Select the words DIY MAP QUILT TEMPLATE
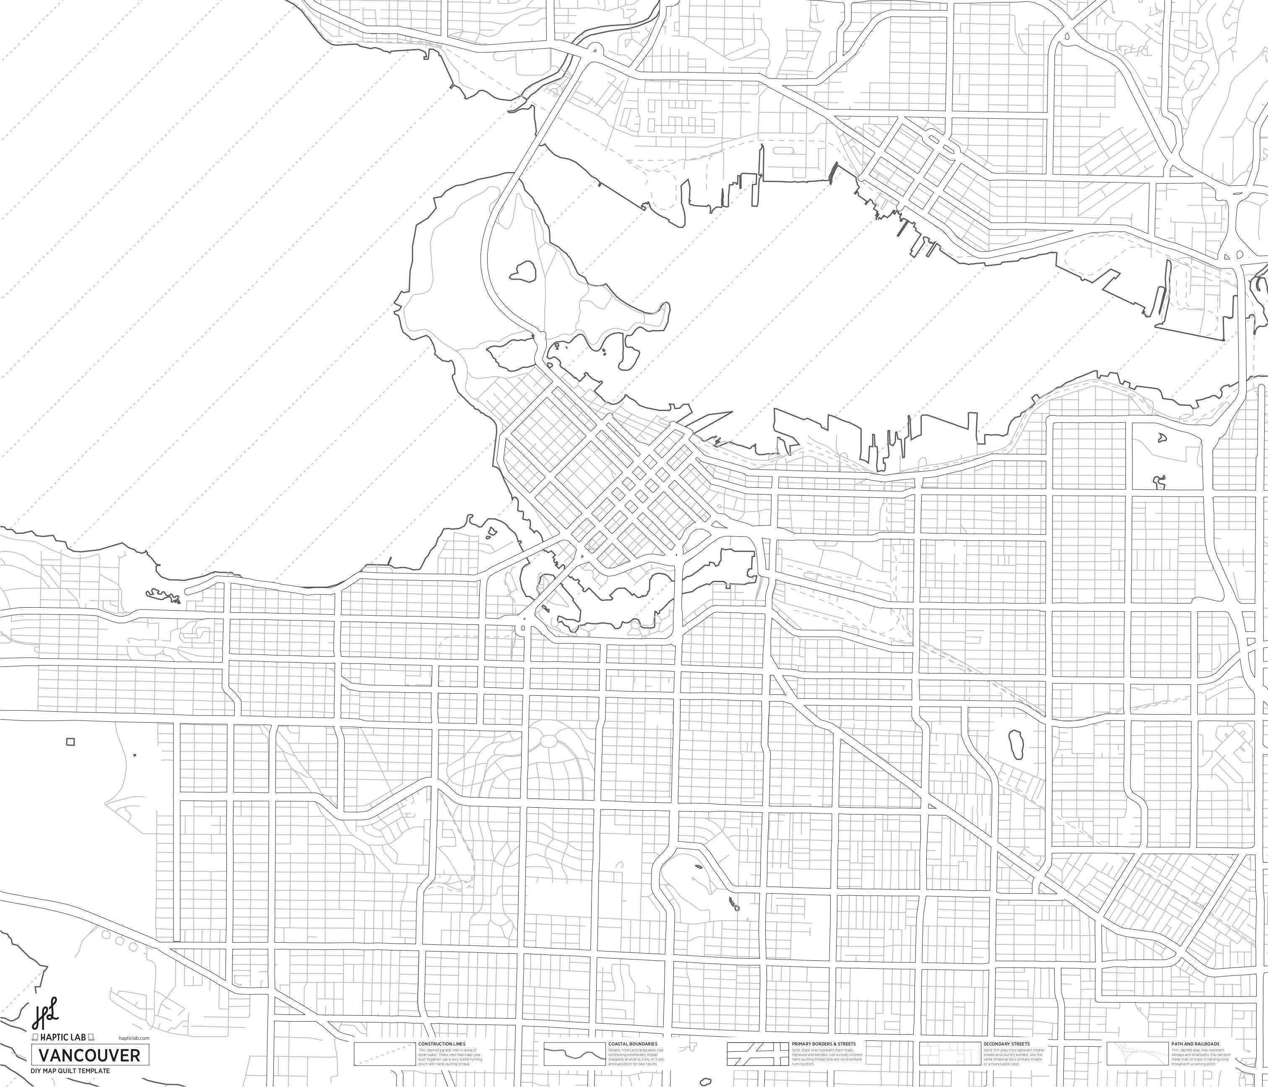(x=70, y=1071)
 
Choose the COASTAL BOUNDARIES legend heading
(x=632, y=1043)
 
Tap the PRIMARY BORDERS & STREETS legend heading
(x=823, y=1043)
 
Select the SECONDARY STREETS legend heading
(x=1006, y=1043)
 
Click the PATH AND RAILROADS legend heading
(x=1195, y=1043)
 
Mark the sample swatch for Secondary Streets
(x=950, y=1054)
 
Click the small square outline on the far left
(x=70, y=742)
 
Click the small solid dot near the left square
(x=135, y=755)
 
